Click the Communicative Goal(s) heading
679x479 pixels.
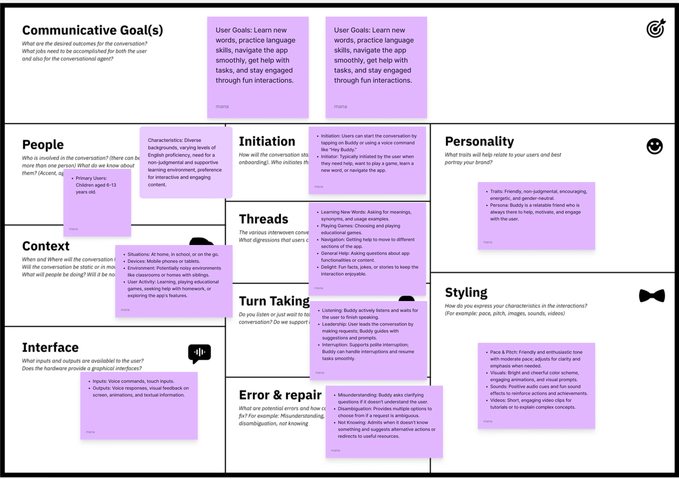93,30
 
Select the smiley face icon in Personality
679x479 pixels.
654,146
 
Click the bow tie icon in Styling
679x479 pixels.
652,296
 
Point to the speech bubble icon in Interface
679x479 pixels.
199,353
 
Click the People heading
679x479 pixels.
43,145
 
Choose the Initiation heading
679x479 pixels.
267,141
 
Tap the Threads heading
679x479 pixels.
263,219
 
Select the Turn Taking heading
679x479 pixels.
274,301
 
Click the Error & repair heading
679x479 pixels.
280,395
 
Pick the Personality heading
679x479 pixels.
479,141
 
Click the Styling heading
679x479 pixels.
466,293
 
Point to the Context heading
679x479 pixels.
46,246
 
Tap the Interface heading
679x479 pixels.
50,348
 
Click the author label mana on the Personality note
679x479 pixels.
488,242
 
